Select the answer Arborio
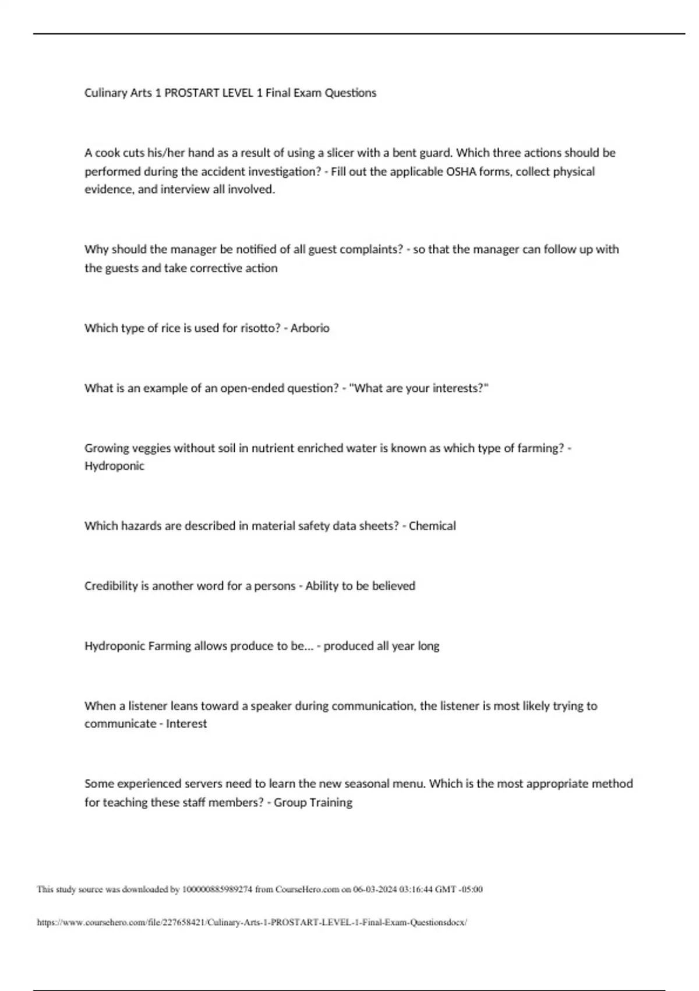click(310, 328)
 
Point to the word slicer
click(340, 153)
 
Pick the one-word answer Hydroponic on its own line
click(114, 466)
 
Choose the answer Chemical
click(432, 526)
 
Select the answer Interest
click(186, 723)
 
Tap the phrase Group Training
click(313, 802)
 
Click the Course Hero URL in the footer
click(252, 922)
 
